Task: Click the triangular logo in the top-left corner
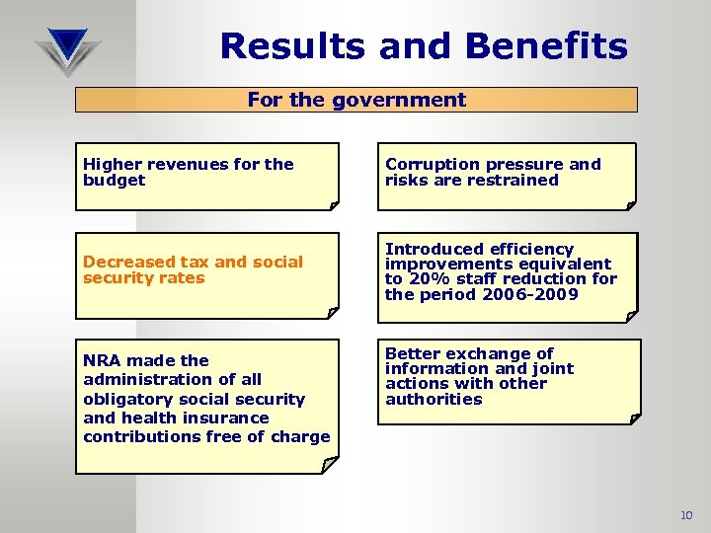coord(67,50)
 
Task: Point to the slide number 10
coord(686,515)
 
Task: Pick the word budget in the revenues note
coord(114,181)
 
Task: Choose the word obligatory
coord(125,399)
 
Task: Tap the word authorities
coord(434,400)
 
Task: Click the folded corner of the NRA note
coord(329,463)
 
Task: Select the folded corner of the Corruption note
coord(630,204)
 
